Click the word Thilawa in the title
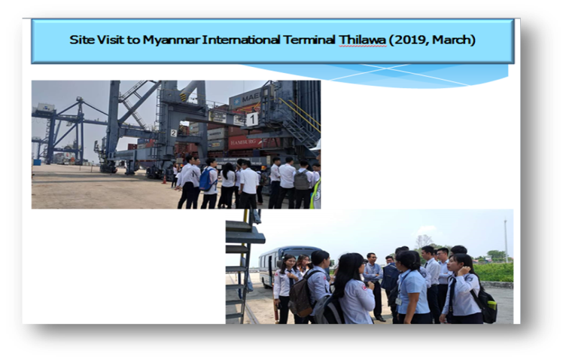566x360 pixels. [x=362, y=40]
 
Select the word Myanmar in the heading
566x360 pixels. [x=171, y=40]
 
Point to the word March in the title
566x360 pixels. [x=452, y=40]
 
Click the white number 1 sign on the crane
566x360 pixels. [x=252, y=119]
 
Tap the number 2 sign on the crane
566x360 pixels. [x=174, y=133]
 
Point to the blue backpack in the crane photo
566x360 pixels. [x=205, y=179]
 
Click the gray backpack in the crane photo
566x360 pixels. [x=302, y=179]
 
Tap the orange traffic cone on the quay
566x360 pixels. [x=164, y=178]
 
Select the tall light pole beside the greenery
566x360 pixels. [x=506, y=241]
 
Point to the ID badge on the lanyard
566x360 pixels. [x=398, y=301]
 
